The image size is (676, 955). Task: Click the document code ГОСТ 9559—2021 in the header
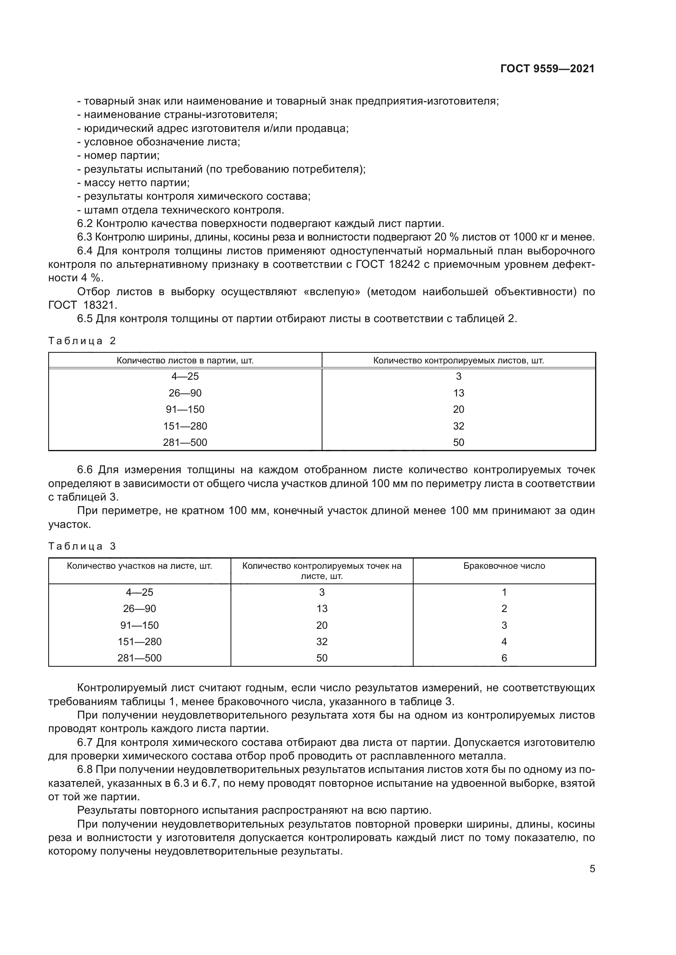547,69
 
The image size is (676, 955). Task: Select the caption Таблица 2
82,341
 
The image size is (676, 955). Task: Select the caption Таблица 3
82,547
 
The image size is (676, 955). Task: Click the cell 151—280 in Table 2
185,426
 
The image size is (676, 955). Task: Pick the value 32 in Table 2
458,426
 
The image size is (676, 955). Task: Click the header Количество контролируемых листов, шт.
458,361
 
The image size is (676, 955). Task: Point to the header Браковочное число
504,566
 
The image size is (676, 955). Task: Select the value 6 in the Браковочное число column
504,658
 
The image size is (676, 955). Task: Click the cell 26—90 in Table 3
139,608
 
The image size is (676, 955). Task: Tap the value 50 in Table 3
322,658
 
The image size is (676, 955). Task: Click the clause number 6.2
85,224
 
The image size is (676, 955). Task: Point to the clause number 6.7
85,742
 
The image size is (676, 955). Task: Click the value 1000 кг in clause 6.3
528,237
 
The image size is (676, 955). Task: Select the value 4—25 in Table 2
185,376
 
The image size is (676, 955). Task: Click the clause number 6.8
85,770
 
